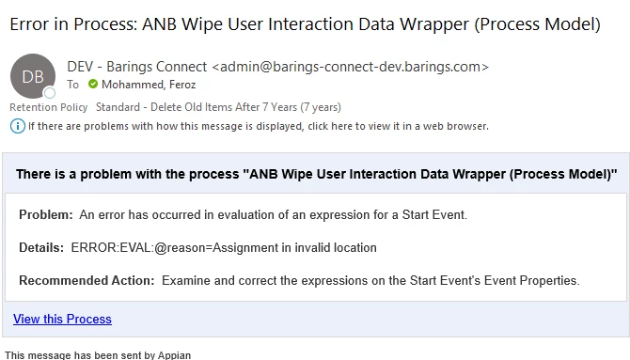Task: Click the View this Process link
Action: coord(62,319)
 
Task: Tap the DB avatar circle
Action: coord(33,76)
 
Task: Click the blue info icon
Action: coord(18,126)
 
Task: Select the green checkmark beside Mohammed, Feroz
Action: coord(93,84)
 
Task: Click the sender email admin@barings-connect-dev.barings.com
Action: coord(350,67)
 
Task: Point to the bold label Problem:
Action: coord(46,214)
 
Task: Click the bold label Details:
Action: coord(41,247)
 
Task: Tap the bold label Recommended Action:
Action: coord(87,280)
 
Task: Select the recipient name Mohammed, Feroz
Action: coord(149,85)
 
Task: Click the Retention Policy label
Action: coord(49,107)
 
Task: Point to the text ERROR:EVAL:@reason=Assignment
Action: coord(174,247)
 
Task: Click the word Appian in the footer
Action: coord(174,355)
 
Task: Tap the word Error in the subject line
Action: coord(29,24)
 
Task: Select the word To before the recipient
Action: coord(72,85)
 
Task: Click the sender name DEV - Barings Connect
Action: coord(137,67)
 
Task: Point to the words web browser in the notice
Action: coord(456,126)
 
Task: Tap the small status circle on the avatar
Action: coord(50,93)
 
